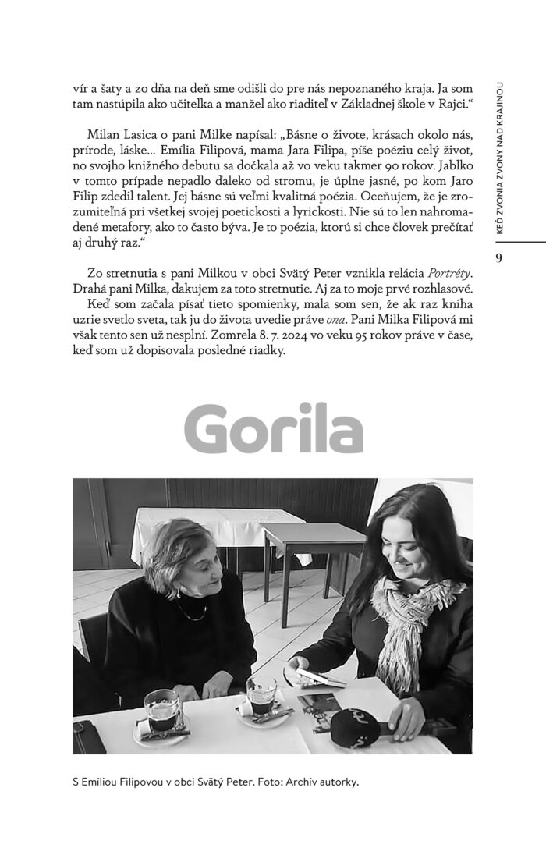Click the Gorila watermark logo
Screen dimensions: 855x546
[x=274, y=427]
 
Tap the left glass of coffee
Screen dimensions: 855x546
[x=162, y=709]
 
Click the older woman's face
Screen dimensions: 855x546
[x=194, y=562]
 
